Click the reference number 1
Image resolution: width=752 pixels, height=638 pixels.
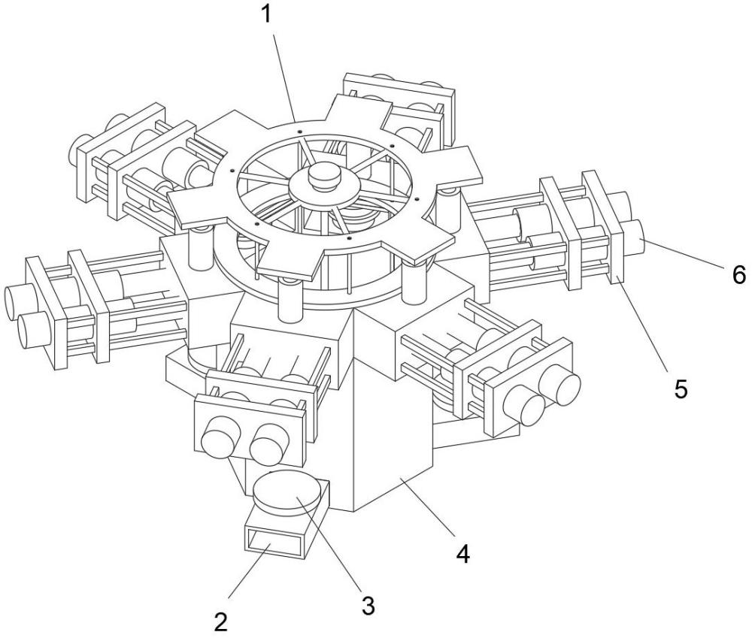coord(267,14)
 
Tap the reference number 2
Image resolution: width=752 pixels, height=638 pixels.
coord(220,621)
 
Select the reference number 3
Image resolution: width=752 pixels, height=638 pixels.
coord(368,606)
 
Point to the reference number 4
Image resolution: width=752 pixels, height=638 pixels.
coord(462,554)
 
